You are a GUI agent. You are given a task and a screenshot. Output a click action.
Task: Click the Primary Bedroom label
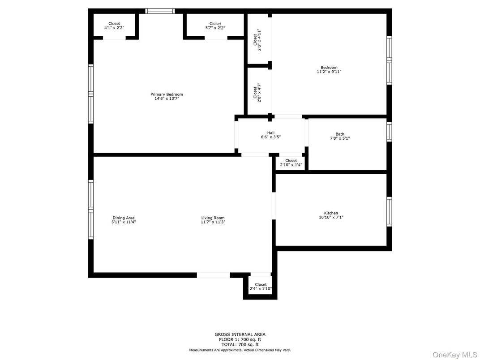(167, 94)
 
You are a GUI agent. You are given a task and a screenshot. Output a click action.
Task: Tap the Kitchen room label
(331, 213)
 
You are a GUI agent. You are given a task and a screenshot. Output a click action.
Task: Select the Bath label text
(340, 134)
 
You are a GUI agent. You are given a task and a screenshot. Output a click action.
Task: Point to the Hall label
(271, 133)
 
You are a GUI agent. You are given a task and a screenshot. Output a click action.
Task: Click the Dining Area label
(124, 218)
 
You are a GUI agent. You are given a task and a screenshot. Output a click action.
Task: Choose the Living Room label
(213, 218)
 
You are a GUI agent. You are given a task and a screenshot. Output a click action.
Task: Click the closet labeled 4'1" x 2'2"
(114, 26)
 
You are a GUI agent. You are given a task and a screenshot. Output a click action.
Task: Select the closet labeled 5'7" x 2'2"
(215, 26)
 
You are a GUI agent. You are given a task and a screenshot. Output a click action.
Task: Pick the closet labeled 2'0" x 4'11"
(257, 40)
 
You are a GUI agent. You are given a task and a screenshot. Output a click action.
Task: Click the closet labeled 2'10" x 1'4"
(291, 163)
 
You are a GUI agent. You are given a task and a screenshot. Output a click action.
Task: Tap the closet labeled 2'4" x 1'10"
(261, 287)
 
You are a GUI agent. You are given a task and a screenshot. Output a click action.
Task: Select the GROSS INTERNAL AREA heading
(240, 334)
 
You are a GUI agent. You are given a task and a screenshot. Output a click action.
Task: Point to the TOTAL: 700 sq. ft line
(240, 344)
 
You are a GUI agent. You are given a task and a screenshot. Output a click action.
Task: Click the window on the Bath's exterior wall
(389, 132)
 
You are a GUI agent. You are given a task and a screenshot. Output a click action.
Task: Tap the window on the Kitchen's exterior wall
(389, 212)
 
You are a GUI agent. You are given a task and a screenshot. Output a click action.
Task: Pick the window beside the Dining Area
(91, 209)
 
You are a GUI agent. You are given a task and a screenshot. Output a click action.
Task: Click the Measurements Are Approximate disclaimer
(240, 350)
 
